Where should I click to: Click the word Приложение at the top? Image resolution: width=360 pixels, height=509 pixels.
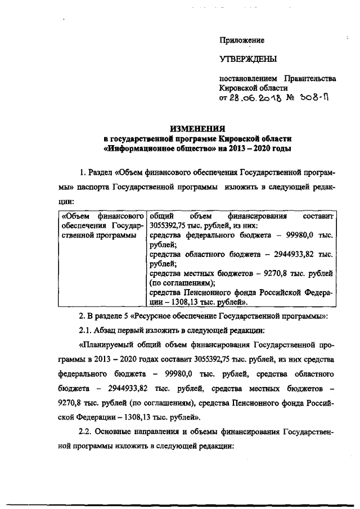point(241,40)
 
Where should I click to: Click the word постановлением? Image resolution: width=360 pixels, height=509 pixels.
point(246,78)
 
